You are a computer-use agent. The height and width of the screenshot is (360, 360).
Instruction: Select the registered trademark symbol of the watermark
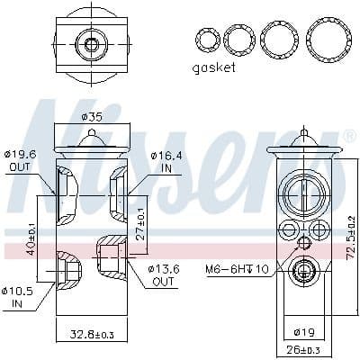tap(349, 136)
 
